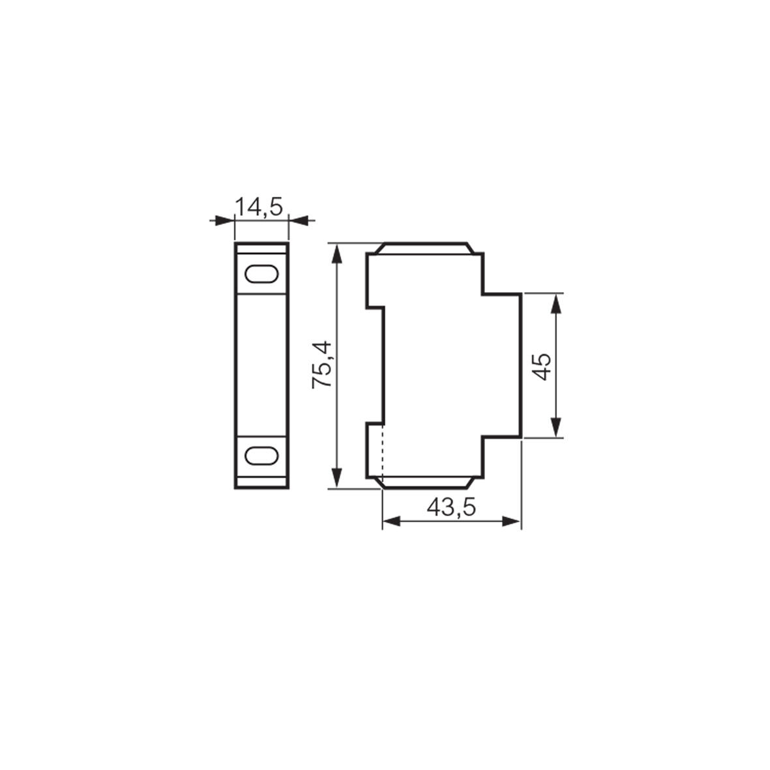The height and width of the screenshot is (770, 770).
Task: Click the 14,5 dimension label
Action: [259, 207]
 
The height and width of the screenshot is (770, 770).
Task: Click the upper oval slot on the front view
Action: [260, 273]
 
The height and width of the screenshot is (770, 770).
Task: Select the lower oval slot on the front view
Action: [260, 455]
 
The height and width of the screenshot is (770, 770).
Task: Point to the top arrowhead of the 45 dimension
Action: [555, 302]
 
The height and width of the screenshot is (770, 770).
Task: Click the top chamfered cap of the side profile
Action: [424, 248]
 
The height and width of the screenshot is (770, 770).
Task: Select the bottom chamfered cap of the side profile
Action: [424, 482]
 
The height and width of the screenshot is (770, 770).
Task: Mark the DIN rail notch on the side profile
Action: [376, 364]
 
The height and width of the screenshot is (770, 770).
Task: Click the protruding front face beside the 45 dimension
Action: [502, 365]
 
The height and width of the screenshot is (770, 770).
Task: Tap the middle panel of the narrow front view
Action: [260, 364]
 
